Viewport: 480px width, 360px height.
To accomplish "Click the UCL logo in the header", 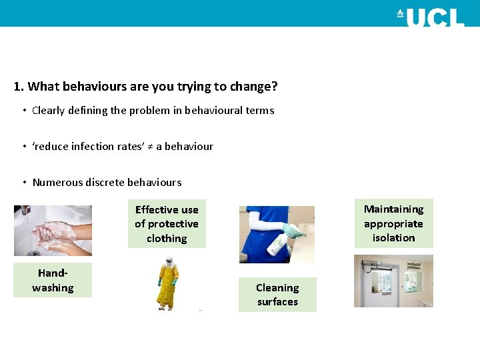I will coord(430,16).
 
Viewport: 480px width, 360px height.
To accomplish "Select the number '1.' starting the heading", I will coord(19,87).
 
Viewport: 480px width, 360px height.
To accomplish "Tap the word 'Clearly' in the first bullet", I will coord(49,111).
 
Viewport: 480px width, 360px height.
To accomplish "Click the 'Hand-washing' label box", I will coord(53,281).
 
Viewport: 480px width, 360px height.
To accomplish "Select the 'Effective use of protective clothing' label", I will coord(167,224).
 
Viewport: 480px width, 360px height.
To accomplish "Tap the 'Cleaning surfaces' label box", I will coord(277,295).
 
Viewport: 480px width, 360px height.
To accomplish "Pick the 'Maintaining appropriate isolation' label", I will coord(393,223).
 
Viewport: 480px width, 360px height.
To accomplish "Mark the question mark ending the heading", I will coord(275,87).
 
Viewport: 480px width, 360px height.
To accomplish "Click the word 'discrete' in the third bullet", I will coord(107,183).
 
